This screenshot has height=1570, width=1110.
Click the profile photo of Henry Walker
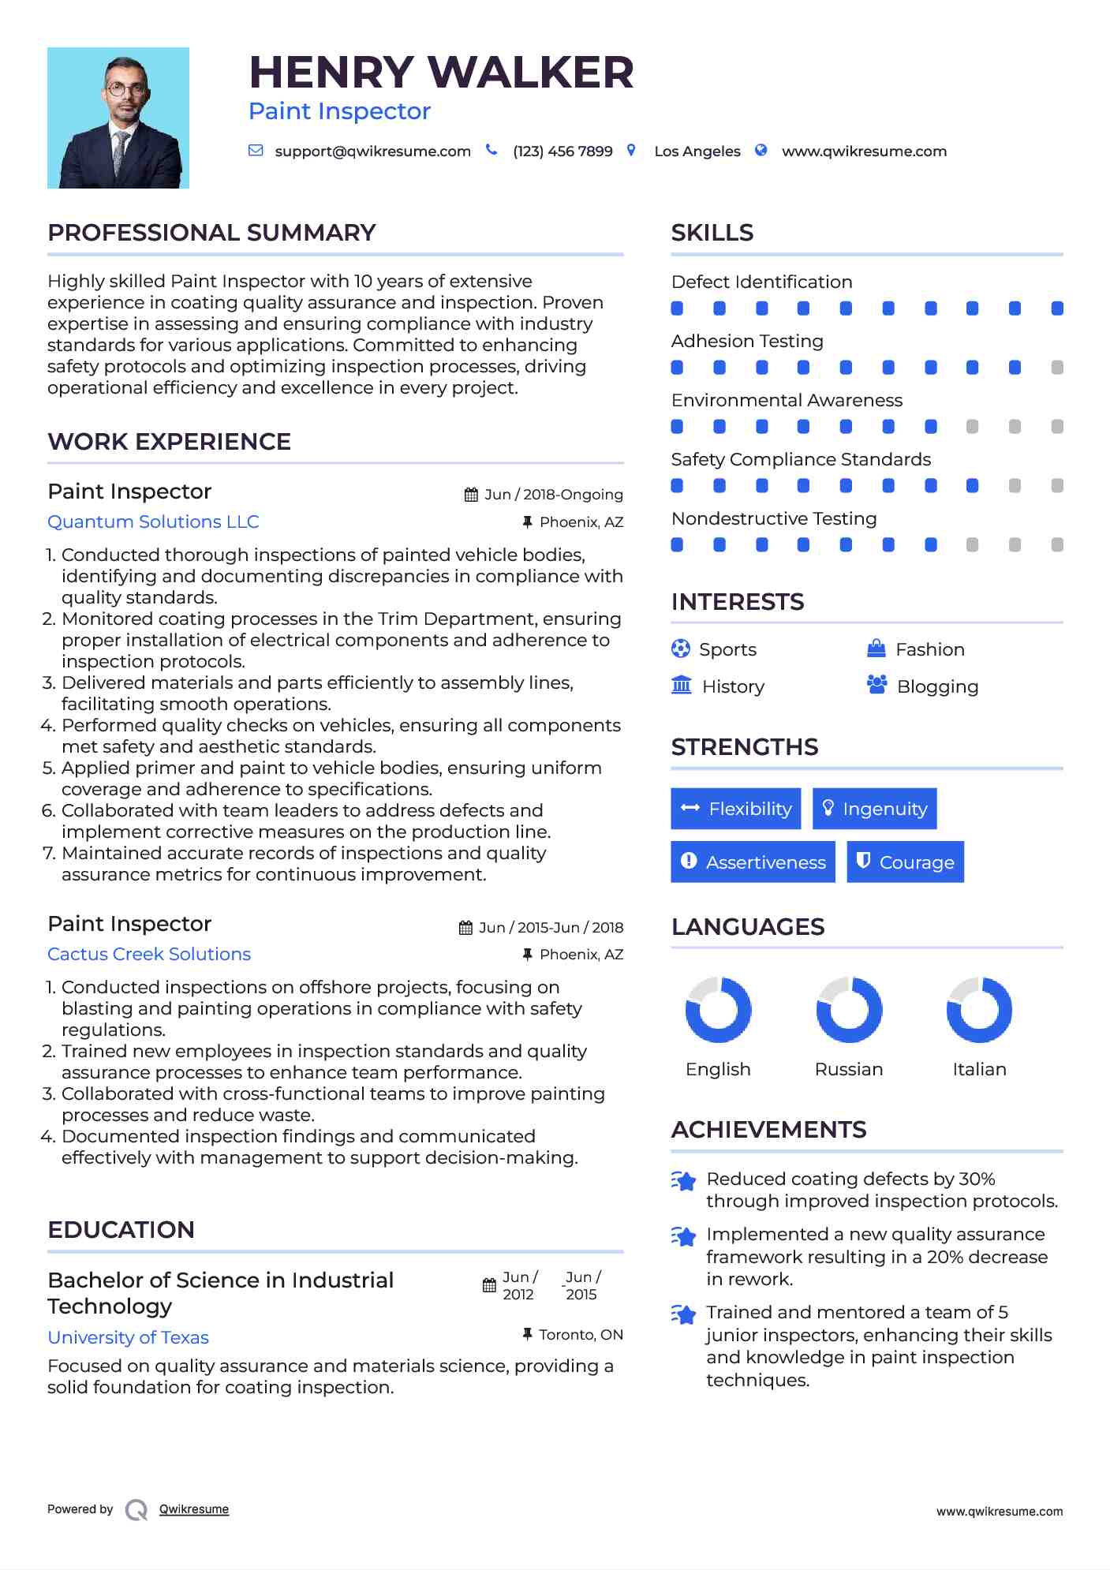118,118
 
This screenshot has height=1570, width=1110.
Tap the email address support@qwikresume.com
372,151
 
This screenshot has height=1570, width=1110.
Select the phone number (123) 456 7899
562,151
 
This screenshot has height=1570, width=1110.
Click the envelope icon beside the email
256,151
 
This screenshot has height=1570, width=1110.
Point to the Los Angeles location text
697,151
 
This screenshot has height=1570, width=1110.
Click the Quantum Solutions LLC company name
153,522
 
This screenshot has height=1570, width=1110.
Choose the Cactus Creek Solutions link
149,955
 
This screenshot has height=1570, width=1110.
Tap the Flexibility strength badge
735,809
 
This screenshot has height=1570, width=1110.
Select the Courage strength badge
905,862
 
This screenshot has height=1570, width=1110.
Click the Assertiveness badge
753,862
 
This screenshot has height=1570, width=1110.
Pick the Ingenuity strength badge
874,809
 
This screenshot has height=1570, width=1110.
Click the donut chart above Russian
849,1010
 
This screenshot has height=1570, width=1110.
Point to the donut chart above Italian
979,1010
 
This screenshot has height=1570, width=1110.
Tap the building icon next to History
682,685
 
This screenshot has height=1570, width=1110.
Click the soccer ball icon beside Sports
681,649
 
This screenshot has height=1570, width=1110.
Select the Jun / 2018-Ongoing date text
553,495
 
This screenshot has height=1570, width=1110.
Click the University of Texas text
128,1338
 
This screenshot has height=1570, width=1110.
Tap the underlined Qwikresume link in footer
194,1509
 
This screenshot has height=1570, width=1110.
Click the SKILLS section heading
712,233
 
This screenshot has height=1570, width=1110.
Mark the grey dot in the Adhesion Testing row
1057,368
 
